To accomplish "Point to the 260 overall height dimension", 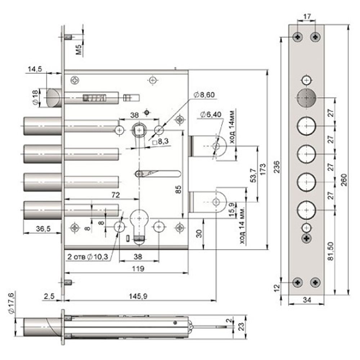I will point(343,177).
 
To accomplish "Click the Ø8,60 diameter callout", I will point(204,95).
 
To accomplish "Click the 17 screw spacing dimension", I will point(306,17).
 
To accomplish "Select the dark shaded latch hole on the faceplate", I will point(306,98).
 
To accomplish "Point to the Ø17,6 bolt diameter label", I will point(11,303).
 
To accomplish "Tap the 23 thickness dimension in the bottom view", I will point(242,327).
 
